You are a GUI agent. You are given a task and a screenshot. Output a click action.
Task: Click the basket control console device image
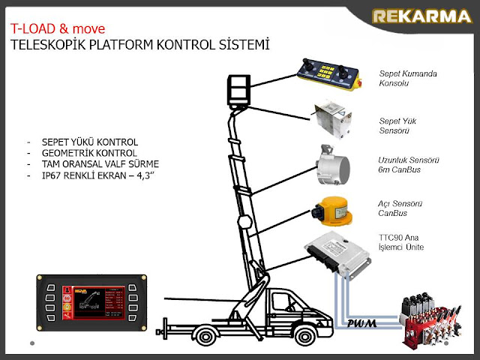click(x=328, y=76)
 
